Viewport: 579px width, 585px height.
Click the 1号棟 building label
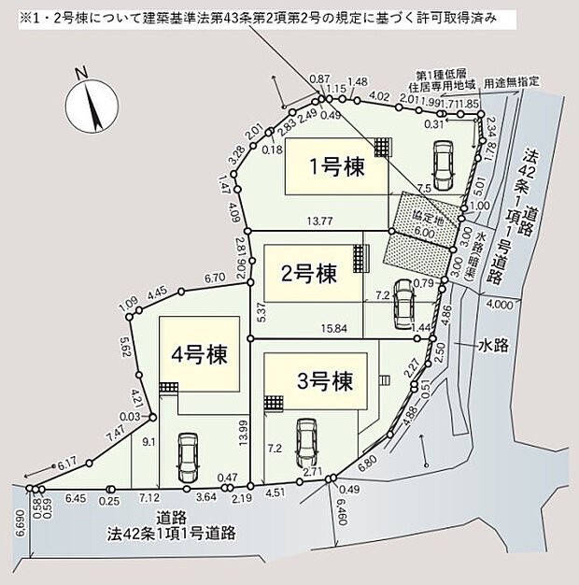coord(336,167)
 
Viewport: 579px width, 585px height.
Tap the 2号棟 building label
coord(308,274)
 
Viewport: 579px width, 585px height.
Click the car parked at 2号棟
coord(403,301)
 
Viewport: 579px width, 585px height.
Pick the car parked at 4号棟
coord(188,454)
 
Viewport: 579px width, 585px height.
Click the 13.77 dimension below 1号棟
coord(320,221)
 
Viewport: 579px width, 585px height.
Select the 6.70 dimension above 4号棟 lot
coord(214,278)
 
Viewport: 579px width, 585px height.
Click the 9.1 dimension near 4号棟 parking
coord(149,444)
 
